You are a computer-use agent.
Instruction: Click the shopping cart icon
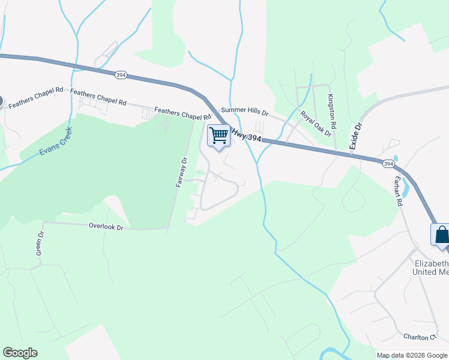pos(219,135)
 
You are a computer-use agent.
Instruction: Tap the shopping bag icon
pos(441,235)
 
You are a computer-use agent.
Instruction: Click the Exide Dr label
pos(358,135)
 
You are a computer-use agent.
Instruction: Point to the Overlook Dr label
pos(106,227)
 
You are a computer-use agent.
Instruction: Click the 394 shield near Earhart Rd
pos(388,163)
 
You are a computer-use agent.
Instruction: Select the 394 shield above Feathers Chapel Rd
pos(121,74)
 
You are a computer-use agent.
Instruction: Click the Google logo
pos(20,353)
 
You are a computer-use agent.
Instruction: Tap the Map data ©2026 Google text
pos(412,355)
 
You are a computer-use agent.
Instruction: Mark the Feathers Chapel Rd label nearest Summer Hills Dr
pos(183,112)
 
